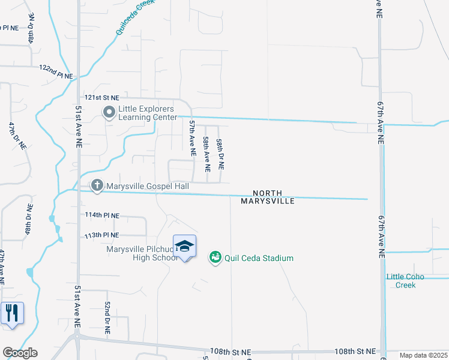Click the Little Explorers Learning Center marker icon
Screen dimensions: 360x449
(x=109, y=113)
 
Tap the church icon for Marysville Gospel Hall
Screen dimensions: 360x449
(x=97, y=187)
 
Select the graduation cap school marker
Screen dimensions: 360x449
(x=185, y=247)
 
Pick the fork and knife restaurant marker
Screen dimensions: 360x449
(x=12, y=314)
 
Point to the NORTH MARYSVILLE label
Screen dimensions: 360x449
(x=268, y=197)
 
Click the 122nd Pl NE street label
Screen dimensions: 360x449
(x=56, y=72)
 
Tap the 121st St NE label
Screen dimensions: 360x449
(x=101, y=97)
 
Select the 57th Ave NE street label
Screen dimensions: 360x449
(x=193, y=138)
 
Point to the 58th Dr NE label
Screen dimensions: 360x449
(x=220, y=153)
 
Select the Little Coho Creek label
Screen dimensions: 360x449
(x=405, y=281)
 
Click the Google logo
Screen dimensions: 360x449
(x=20, y=353)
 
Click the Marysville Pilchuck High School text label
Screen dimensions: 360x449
(x=142, y=254)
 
